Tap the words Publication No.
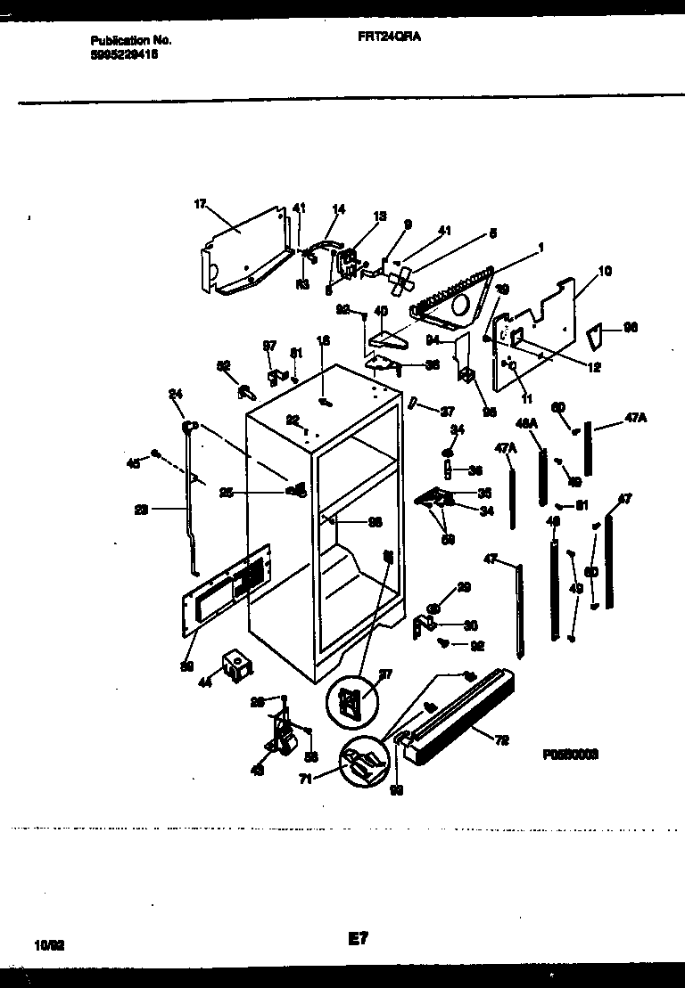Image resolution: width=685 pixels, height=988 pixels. pyautogui.click(x=131, y=41)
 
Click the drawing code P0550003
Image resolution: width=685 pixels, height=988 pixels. pyautogui.click(x=569, y=753)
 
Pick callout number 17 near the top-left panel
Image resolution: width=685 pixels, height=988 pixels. pyautogui.click(x=200, y=204)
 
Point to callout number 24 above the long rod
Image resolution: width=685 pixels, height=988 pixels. pyautogui.click(x=176, y=393)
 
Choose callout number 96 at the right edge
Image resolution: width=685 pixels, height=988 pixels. pyautogui.click(x=631, y=328)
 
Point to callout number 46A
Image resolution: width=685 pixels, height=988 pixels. pyautogui.click(x=527, y=424)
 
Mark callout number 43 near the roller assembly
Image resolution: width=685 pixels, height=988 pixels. pyautogui.click(x=258, y=772)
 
